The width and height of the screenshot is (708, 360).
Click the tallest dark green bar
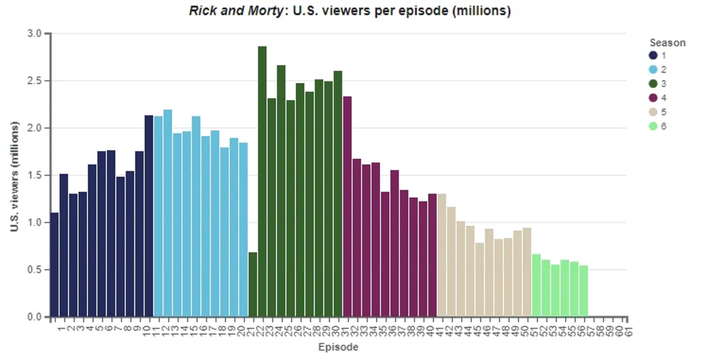262,181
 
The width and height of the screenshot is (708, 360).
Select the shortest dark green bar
253,284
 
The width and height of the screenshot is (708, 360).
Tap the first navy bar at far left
54,264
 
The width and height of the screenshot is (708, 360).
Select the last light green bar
584,291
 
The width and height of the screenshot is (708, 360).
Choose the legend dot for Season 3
653,84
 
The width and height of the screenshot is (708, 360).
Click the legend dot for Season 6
653,126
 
